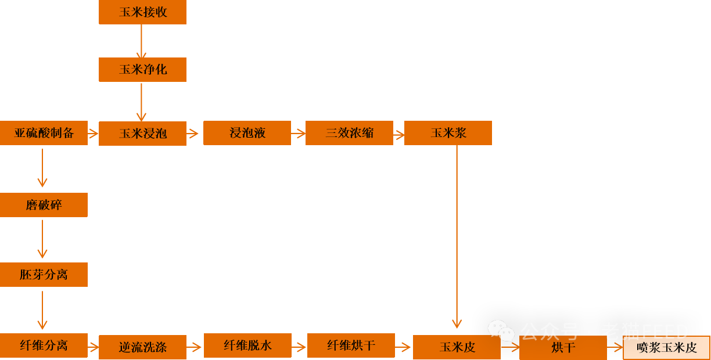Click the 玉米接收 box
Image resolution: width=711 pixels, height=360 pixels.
pos(142,12)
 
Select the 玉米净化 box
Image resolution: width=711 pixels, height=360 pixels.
pos(142,70)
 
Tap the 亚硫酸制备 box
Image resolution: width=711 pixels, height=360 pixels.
pos(44,133)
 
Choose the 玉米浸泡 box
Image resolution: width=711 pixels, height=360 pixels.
pos(142,134)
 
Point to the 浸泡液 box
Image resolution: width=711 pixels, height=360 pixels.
pos(247,133)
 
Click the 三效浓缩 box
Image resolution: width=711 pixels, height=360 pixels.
pos(349,133)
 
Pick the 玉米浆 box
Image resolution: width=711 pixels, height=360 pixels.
pos(448,133)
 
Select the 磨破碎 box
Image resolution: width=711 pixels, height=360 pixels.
pos(44,205)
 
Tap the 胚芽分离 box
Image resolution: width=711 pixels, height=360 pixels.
pos(44,275)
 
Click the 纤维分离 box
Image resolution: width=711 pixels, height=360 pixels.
pos(44,345)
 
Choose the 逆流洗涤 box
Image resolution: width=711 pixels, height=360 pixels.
pos(142,347)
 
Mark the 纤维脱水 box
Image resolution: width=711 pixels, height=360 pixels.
pos(247,345)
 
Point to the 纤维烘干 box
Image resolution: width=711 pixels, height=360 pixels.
pos(351,345)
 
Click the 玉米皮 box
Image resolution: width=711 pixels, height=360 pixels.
pos(457,347)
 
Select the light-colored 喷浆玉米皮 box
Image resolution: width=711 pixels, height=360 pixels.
pos(666,348)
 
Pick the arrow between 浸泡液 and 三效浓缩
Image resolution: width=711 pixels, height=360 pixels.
pos(298,134)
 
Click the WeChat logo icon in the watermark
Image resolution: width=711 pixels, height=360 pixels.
pos(501,331)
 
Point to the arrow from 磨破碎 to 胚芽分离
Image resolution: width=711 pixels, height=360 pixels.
pos(42,239)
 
